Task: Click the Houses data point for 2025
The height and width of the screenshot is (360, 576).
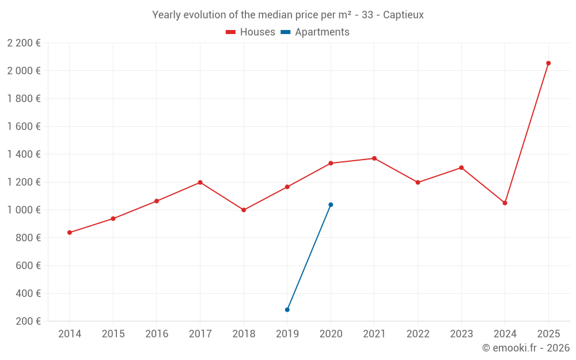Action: click(x=548, y=63)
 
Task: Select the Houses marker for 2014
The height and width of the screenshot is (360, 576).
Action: click(x=70, y=233)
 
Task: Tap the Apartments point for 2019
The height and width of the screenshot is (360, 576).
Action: click(x=287, y=310)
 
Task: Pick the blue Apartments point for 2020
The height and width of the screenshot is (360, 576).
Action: click(x=331, y=204)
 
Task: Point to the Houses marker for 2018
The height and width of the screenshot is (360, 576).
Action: click(x=244, y=210)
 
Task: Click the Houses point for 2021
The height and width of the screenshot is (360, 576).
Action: click(x=374, y=158)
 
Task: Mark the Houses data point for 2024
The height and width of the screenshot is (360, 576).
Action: click(x=505, y=203)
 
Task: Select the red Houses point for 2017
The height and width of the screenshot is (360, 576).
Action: click(x=200, y=183)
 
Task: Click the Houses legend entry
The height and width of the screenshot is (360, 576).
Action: click(x=251, y=32)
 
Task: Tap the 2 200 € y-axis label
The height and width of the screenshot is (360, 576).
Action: click(x=24, y=43)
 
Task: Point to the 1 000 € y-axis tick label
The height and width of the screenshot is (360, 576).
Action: click(x=24, y=210)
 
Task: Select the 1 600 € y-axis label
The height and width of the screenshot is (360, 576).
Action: click(x=24, y=127)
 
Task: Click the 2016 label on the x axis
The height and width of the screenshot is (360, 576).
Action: click(x=157, y=334)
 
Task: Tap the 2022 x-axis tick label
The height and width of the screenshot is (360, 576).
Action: click(x=418, y=334)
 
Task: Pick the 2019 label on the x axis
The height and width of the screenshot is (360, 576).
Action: click(x=287, y=334)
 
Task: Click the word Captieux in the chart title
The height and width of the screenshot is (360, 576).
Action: click(x=403, y=15)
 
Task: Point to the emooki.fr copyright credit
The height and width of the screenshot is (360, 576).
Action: click(x=525, y=348)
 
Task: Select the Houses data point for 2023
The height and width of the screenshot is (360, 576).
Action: click(x=461, y=168)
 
